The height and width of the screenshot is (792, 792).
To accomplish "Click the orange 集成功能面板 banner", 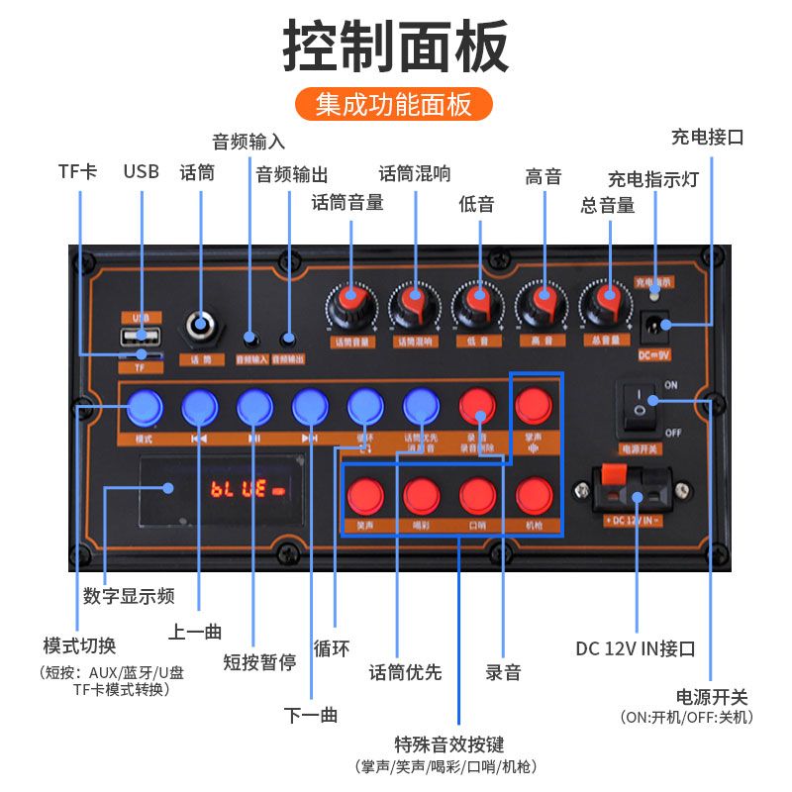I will [394, 104].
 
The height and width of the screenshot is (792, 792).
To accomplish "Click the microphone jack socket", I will [202, 327].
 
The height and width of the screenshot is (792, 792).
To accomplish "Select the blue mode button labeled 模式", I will [145, 407].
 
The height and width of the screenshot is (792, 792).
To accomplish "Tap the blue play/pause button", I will [254, 407].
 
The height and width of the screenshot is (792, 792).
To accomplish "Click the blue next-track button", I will [310, 407].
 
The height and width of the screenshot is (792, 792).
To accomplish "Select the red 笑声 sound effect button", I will [364, 494].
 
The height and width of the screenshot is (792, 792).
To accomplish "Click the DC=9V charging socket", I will [655, 324].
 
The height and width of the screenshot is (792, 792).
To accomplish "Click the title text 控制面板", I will [395, 45].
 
